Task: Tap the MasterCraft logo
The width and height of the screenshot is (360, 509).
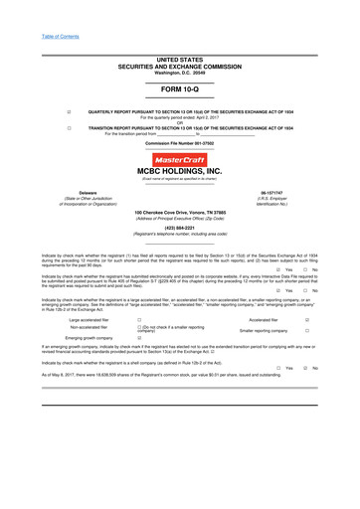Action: coord(180,158)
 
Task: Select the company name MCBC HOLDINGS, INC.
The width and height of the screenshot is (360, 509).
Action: coord(180,170)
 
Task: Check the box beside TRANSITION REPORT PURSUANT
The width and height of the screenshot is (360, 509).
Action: coord(68,128)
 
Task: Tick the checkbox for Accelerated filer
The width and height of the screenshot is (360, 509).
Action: coord(307,319)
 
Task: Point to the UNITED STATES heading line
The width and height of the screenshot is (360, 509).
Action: coord(179,32)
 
